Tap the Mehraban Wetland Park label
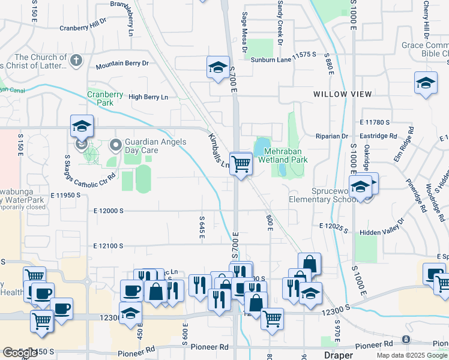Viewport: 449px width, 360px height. click(283, 156)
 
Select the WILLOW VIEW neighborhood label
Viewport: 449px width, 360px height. click(342, 94)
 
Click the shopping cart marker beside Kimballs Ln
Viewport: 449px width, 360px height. click(241, 163)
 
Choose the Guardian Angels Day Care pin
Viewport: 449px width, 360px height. click(115, 145)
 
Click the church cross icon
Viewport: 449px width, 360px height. click(76, 60)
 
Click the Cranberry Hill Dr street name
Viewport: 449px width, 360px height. click(83, 28)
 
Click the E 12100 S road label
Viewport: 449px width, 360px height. click(108, 246)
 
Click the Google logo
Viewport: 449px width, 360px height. click(19, 353)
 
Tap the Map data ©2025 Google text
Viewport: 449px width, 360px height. click(412, 355)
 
